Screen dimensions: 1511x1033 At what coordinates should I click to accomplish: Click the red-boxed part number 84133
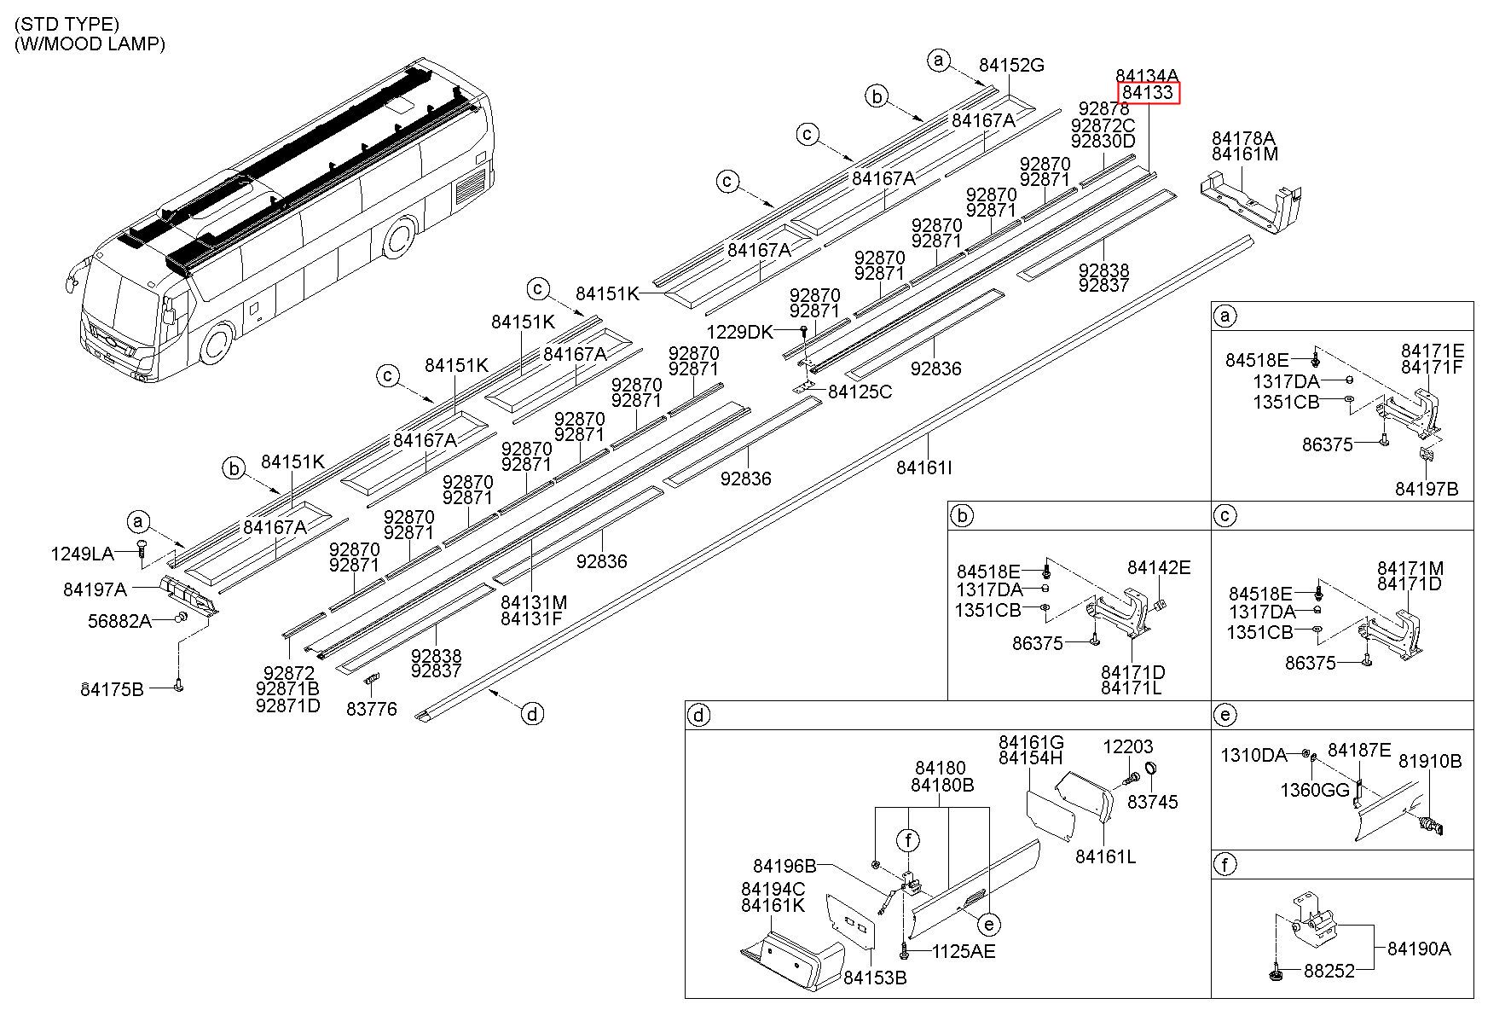pos(1149,92)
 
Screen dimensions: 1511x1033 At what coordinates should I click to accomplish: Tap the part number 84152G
pos(1011,65)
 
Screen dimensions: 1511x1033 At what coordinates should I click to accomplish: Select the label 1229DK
pos(739,332)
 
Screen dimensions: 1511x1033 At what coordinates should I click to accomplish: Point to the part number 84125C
pos(860,392)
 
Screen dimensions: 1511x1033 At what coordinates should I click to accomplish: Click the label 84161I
pos(924,467)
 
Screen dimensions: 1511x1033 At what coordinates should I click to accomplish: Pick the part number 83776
pos(372,708)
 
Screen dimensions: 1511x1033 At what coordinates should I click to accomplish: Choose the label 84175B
pos(113,689)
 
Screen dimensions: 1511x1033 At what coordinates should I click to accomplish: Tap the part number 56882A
pos(119,621)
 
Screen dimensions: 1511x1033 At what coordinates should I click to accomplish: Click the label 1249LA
pos(82,554)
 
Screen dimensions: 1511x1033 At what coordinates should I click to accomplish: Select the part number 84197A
pos(96,589)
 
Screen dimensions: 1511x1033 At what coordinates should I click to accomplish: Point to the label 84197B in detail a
pos(1427,489)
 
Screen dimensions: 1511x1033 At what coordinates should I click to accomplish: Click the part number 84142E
pos(1159,568)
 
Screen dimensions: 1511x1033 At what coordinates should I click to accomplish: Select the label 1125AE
pos(964,951)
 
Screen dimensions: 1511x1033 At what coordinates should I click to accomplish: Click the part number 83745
pos(1153,802)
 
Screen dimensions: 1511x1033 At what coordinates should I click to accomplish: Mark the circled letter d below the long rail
pos(532,713)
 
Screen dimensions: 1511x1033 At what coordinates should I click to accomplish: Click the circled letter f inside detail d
pos(909,841)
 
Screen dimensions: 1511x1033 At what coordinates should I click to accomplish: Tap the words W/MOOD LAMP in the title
pos(92,44)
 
